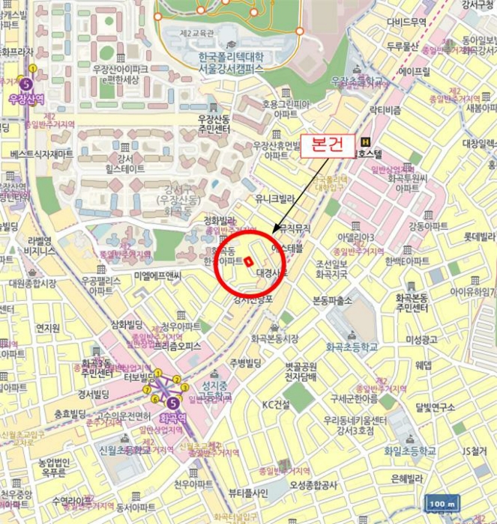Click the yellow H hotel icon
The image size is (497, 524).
365,141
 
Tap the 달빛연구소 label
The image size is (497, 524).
434,407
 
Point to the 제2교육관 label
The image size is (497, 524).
196,32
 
